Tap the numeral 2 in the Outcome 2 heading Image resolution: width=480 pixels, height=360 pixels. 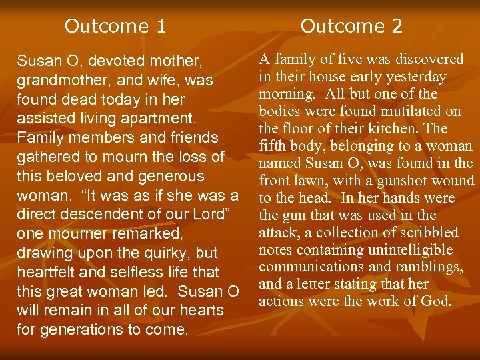pyautogui.click(x=396, y=26)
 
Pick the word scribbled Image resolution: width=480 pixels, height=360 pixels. pyautogui.click(x=427, y=233)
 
